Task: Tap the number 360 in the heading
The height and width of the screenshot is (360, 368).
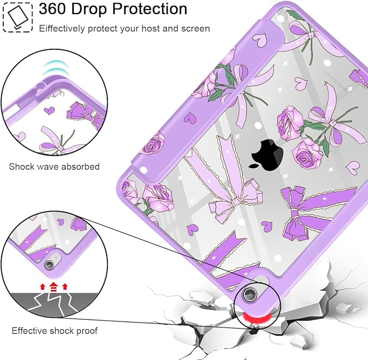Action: (52, 9)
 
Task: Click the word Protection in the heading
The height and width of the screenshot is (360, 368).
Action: (149, 9)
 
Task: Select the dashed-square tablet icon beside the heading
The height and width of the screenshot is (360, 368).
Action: (17, 17)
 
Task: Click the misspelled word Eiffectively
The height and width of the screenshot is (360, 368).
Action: (62, 29)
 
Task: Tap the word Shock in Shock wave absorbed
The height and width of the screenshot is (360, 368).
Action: (20, 166)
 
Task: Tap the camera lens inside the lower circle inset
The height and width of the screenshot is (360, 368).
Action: (49, 265)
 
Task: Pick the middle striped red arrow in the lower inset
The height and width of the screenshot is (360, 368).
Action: (54, 287)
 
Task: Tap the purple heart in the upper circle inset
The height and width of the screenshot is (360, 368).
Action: (49, 111)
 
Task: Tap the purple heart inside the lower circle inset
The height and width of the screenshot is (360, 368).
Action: (61, 221)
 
